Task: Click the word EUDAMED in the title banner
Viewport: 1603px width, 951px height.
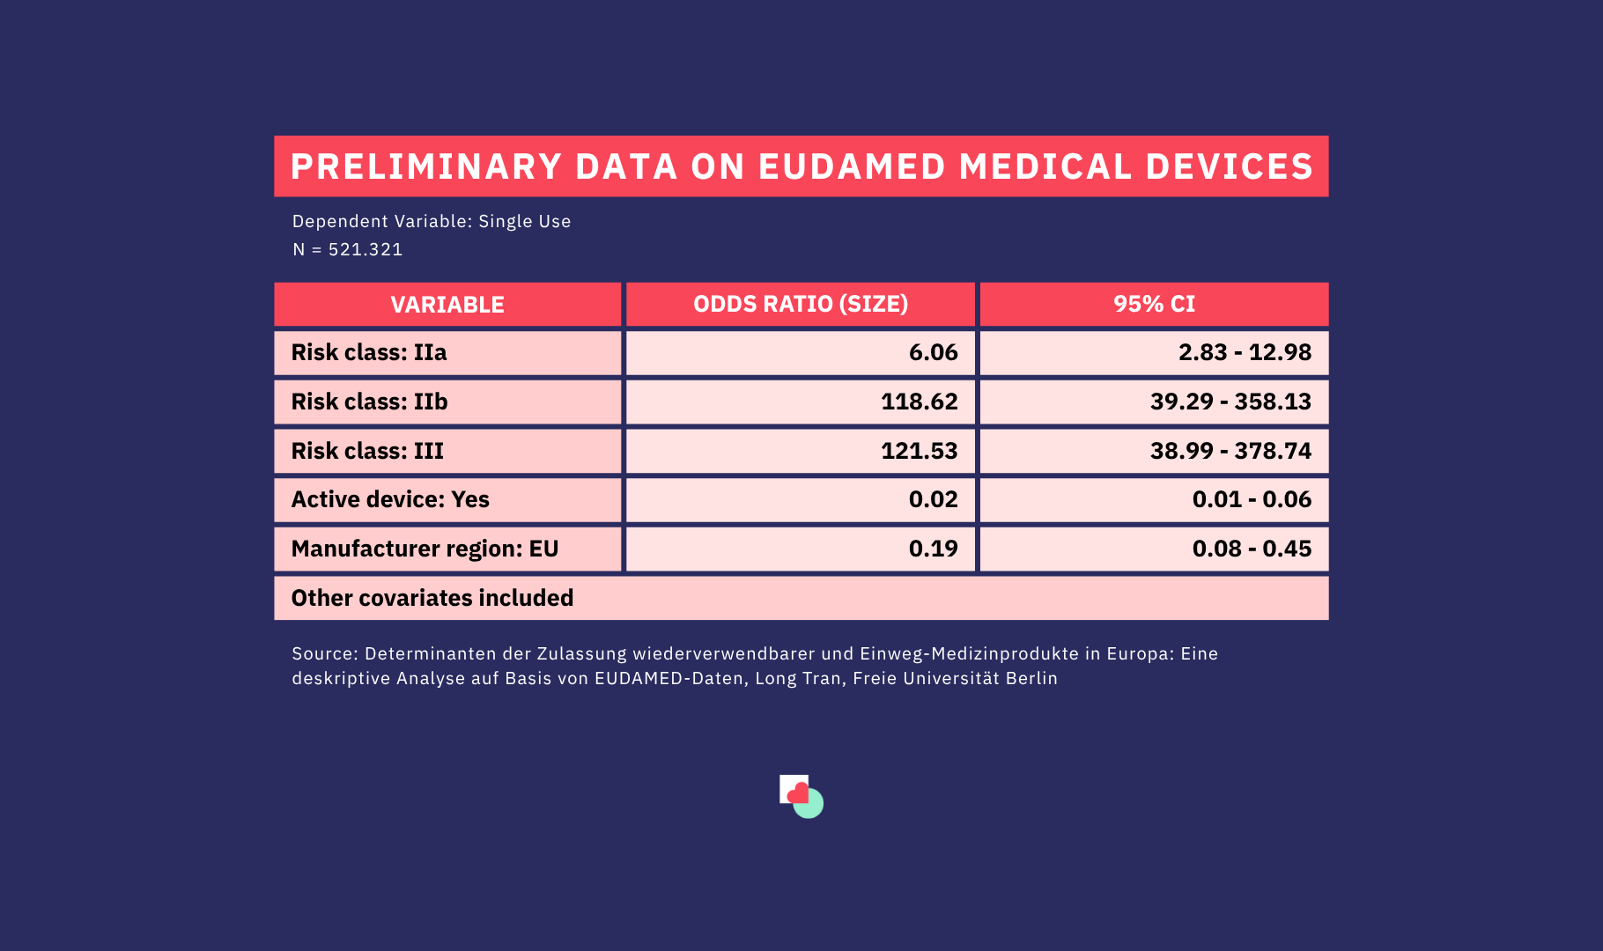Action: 851,166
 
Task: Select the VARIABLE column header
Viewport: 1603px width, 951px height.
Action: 447,305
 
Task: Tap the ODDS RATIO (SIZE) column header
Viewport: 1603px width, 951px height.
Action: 801,304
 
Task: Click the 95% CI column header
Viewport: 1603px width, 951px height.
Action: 1154,304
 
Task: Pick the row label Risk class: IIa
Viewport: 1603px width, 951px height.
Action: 369,352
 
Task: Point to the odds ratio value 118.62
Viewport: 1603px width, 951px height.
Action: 919,402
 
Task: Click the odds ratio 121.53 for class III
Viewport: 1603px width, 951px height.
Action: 919,451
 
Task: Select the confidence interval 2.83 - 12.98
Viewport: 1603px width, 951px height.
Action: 1245,352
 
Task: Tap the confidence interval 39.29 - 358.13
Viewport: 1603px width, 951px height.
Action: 1230,402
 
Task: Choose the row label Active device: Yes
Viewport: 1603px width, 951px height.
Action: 390,499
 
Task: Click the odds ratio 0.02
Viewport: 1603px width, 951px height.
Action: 933,499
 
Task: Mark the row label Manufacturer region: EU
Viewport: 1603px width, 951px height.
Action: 425,549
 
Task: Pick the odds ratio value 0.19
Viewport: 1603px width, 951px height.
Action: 933,549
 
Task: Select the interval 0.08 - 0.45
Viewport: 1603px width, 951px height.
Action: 1252,549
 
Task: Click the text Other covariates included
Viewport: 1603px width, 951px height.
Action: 432,598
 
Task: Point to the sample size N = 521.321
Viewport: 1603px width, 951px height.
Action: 347,249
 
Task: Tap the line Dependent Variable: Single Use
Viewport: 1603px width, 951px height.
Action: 432,221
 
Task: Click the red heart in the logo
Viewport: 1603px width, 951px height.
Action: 798,793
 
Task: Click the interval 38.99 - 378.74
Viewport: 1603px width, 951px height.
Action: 1230,451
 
